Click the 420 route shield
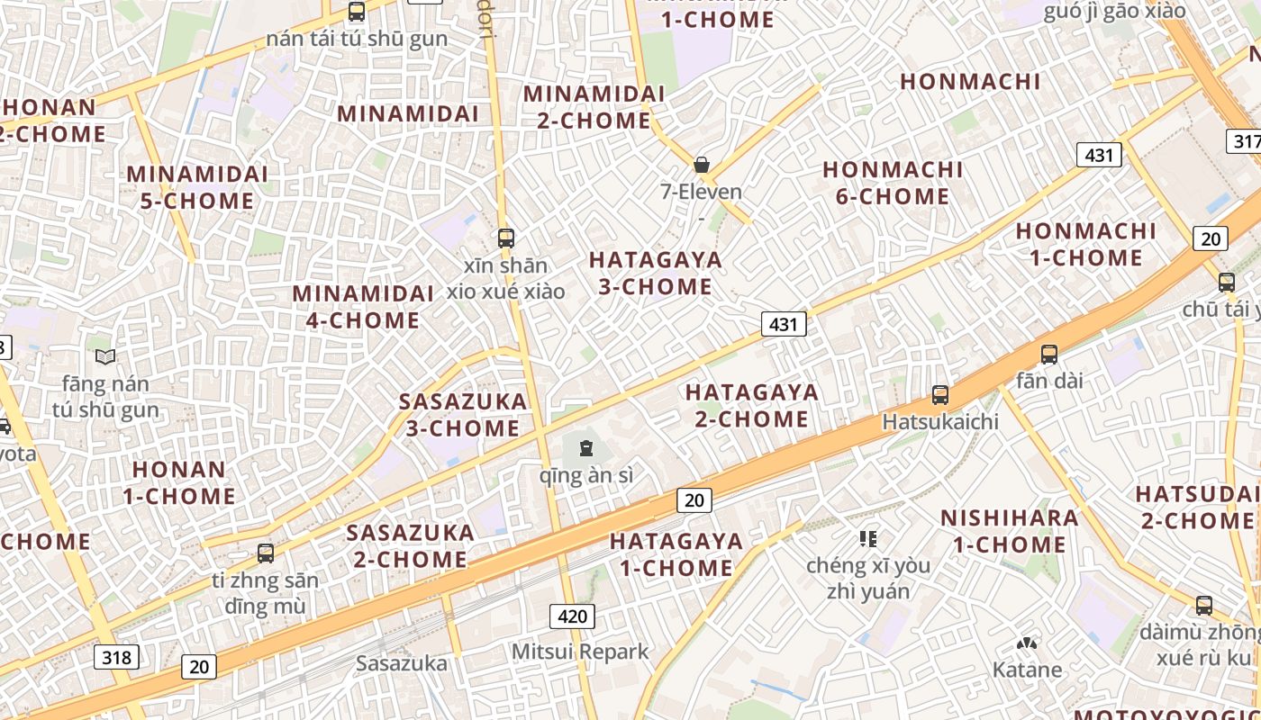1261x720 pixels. point(572,616)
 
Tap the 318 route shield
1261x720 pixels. point(116,657)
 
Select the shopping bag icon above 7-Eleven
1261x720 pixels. point(701,165)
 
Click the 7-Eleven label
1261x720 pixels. point(701,192)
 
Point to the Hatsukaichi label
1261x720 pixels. point(940,421)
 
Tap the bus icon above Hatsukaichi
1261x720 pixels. point(940,394)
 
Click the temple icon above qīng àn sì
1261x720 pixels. point(586,447)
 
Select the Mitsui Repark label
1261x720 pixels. point(580,651)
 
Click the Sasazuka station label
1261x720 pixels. point(401,663)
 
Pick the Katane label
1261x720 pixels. point(1027,670)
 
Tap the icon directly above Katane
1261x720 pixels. point(1027,643)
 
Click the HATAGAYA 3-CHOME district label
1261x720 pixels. point(655,274)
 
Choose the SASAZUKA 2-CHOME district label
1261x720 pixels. point(411,546)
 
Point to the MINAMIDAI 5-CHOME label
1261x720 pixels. point(197,187)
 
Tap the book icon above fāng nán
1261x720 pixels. point(105,357)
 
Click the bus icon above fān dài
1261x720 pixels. point(1049,354)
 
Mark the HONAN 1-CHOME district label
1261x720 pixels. point(179,482)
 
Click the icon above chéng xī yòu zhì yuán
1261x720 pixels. point(868,539)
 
